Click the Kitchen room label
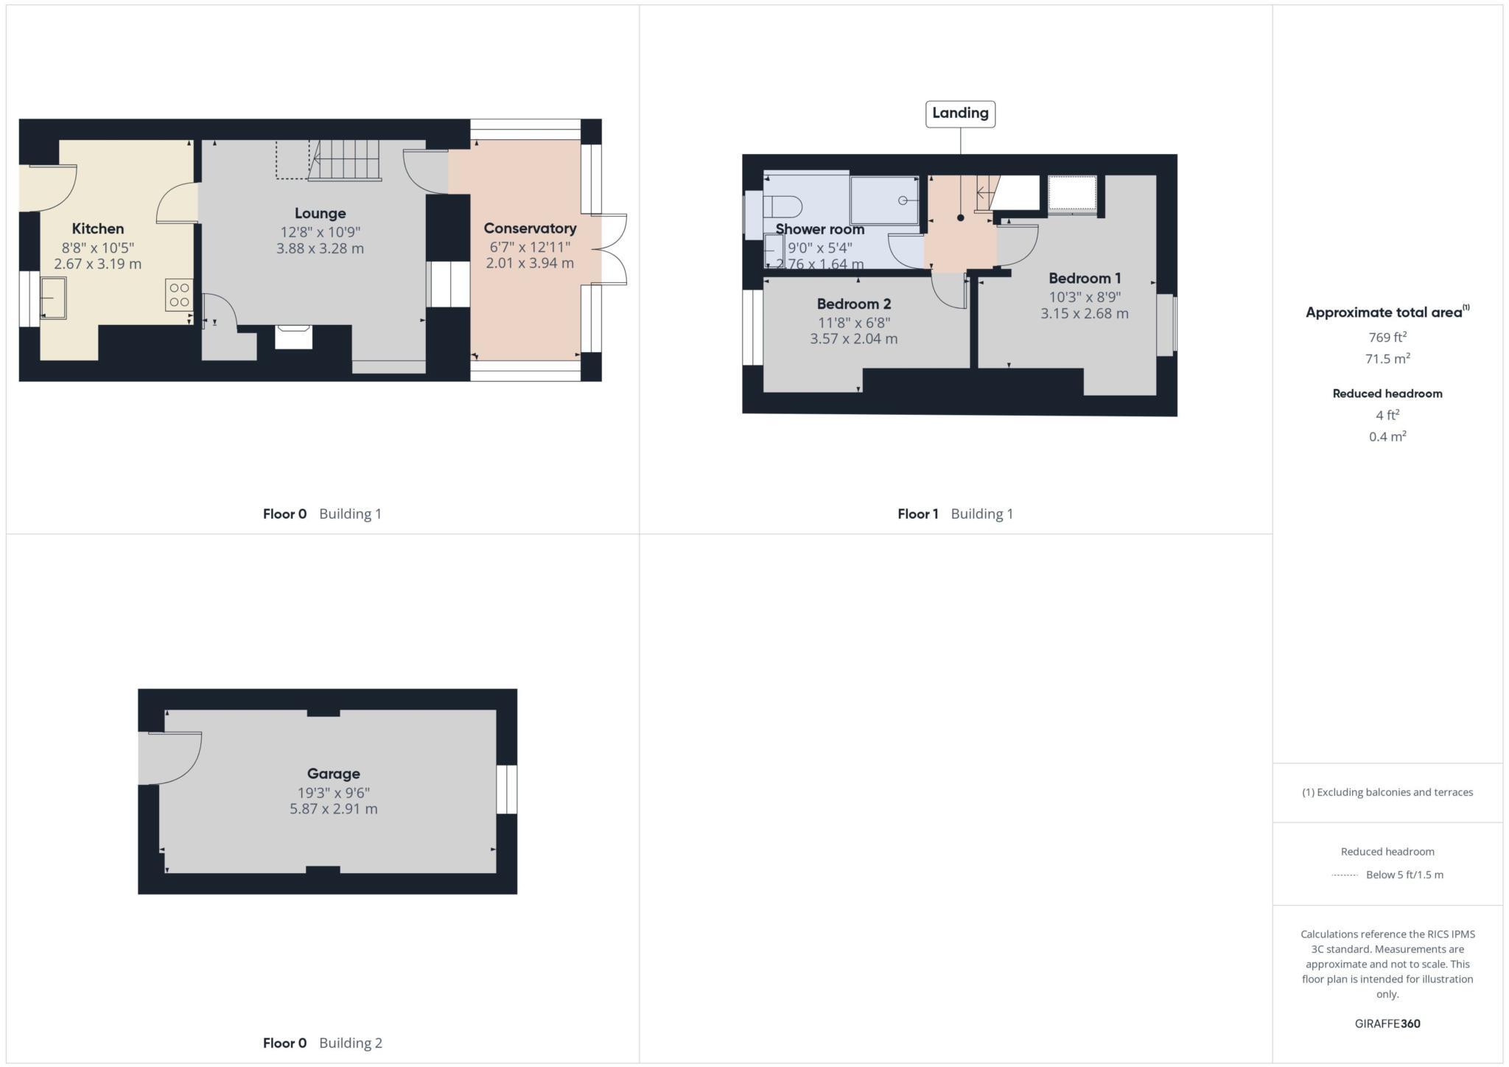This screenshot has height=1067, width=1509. click(97, 228)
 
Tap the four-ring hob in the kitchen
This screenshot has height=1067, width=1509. click(179, 295)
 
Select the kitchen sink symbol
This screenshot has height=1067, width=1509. click(53, 298)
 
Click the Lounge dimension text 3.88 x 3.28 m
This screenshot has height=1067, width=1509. click(320, 248)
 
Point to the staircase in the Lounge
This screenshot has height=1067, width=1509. click(345, 160)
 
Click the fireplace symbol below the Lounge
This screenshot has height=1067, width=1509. click(293, 337)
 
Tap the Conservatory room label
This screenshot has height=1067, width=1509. click(530, 228)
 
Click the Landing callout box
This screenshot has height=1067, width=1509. click(960, 113)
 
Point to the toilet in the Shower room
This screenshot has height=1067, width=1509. click(780, 206)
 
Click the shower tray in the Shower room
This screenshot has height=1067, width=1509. click(884, 200)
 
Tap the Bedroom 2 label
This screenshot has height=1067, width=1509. click(853, 304)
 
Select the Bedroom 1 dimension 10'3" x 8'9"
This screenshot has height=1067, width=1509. click(1085, 297)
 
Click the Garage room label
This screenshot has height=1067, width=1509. click(333, 774)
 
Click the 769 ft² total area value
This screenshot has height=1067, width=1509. click(1387, 337)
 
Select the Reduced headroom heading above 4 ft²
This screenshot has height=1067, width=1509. click(1387, 393)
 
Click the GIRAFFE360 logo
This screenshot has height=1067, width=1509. click(1387, 1024)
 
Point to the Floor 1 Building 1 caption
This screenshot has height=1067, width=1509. click(955, 514)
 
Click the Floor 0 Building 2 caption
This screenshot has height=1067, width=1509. click(322, 1043)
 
